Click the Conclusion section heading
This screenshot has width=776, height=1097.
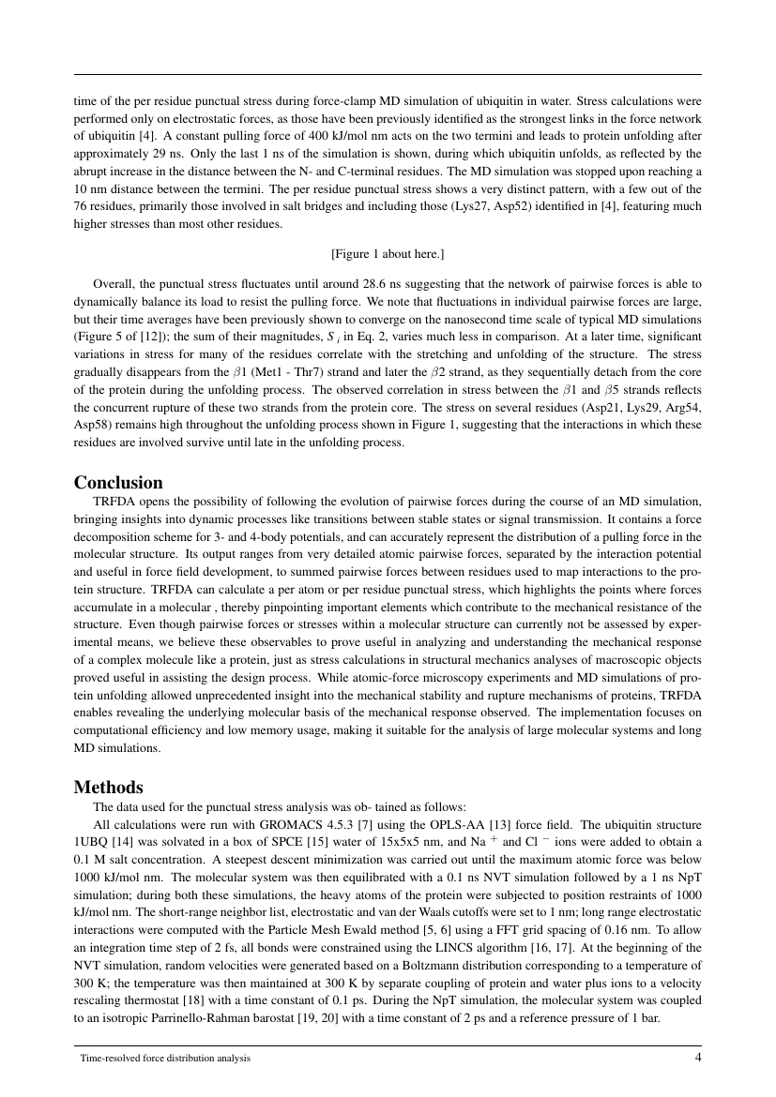118,483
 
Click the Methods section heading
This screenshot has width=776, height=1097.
108,787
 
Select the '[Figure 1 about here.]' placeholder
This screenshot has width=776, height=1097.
388,254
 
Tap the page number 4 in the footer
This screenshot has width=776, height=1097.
697,1058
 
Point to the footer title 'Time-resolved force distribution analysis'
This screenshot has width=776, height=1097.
165,1059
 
